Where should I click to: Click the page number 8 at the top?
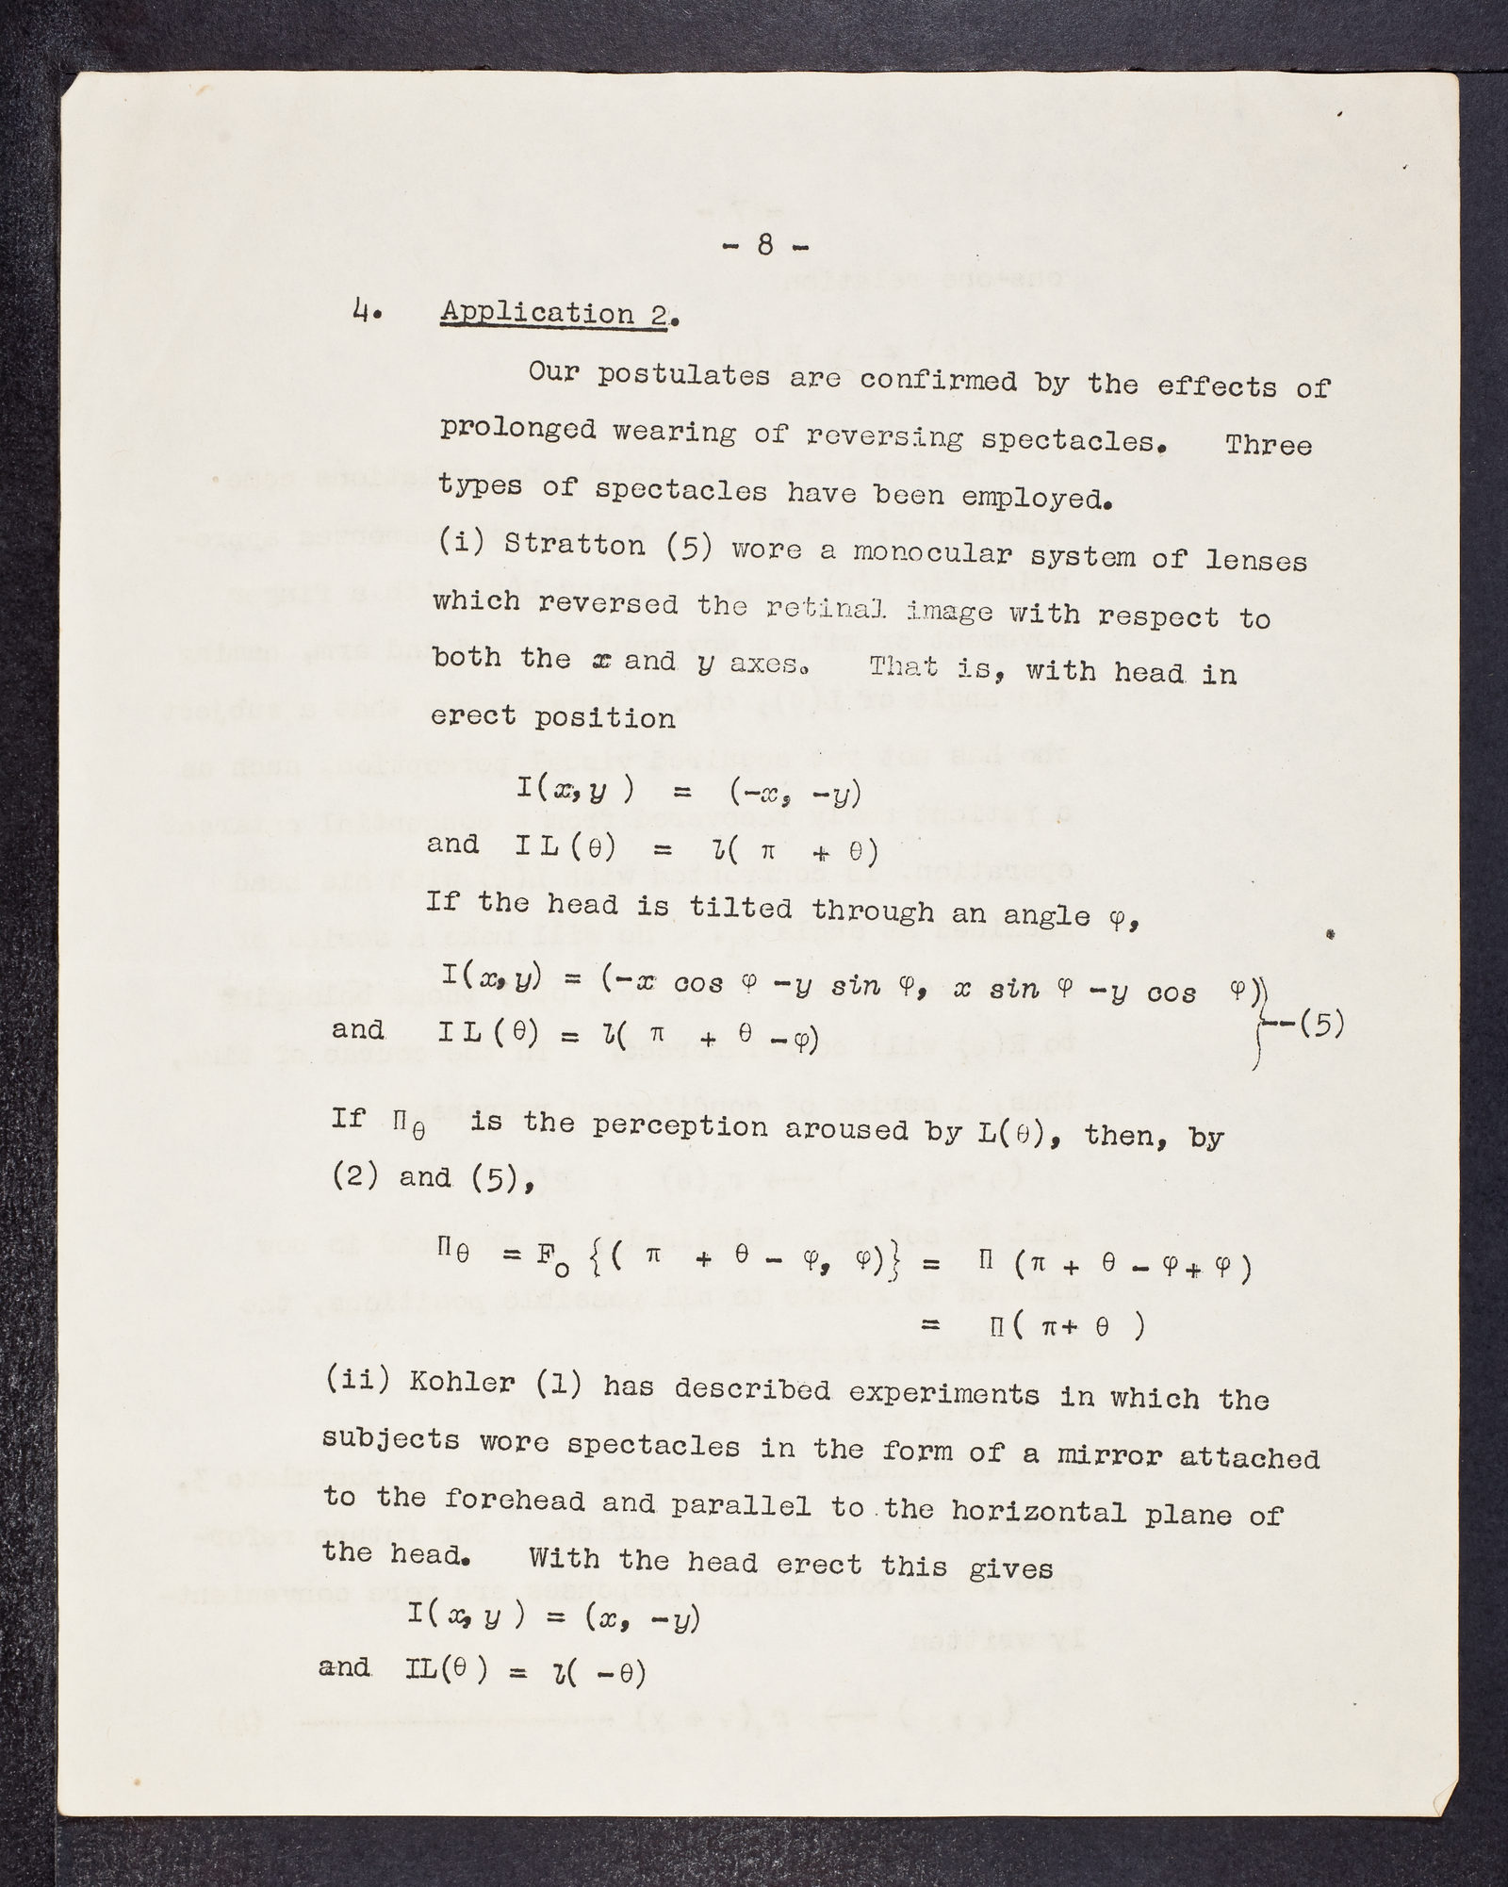coord(764,246)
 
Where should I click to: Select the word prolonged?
coord(518,430)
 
